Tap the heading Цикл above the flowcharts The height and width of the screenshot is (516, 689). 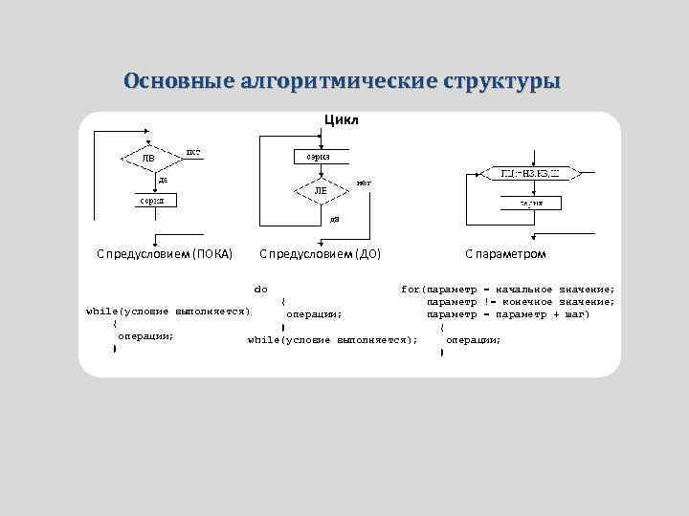coord(342,121)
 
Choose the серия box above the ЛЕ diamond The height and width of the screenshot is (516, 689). coord(319,156)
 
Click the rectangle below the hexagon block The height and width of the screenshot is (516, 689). coord(531,203)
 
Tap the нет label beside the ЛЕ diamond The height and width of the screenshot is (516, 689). coord(364,182)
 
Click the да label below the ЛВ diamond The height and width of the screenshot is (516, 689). coord(164,179)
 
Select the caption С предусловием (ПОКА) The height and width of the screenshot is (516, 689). coord(165,253)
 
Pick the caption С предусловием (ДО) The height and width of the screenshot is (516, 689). coord(320,253)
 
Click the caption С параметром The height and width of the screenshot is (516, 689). coord(506,253)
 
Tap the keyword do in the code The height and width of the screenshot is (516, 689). coord(260,288)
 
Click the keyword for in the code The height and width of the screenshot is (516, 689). coord(411,288)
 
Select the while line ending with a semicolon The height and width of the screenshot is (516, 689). coord(332,339)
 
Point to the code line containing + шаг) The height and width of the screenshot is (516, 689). coord(507,313)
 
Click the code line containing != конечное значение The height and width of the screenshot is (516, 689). coord(520,301)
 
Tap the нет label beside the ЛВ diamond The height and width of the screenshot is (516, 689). coord(192,151)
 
